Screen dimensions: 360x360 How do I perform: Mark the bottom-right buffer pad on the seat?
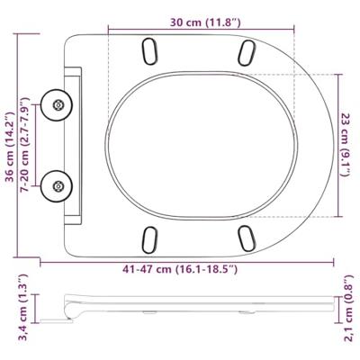[x=245, y=239]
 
